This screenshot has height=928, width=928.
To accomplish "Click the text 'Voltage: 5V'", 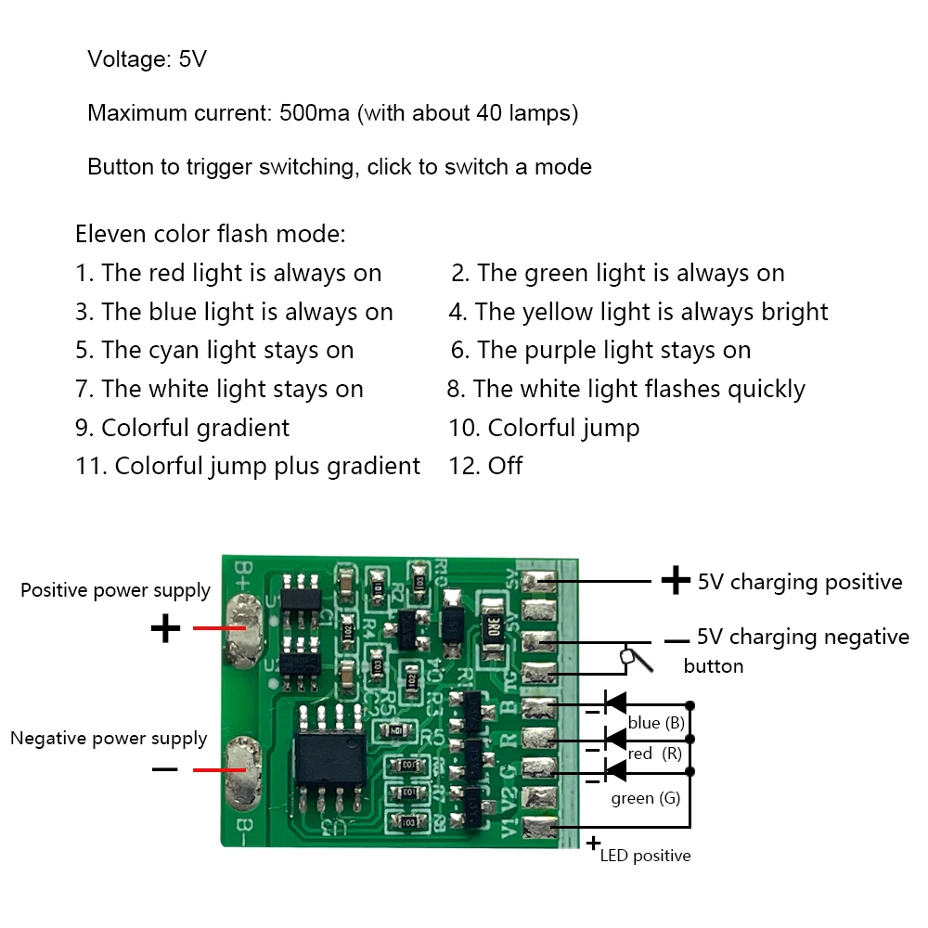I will [x=147, y=60].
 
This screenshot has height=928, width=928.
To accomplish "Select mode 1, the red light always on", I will [x=228, y=274].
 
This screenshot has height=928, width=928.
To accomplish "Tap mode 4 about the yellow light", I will [x=638, y=313].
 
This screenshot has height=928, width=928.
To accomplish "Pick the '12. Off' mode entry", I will [x=485, y=466].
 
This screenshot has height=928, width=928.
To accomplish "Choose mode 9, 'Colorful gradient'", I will [x=183, y=428].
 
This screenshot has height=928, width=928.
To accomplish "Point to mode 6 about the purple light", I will [x=600, y=351].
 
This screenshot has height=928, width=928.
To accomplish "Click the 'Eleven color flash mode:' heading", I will [x=211, y=234].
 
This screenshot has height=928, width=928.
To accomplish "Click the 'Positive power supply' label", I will [x=115, y=590].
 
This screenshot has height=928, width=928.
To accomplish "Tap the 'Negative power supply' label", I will [x=109, y=739].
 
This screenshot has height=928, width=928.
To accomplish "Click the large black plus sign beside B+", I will [x=165, y=629].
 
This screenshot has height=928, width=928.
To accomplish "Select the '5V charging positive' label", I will [x=800, y=582].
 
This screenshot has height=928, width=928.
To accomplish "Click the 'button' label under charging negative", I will [x=713, y=666].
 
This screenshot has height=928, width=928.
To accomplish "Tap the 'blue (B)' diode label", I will [x=657, y=723].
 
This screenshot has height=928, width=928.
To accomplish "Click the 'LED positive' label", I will [x=645, y=856].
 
